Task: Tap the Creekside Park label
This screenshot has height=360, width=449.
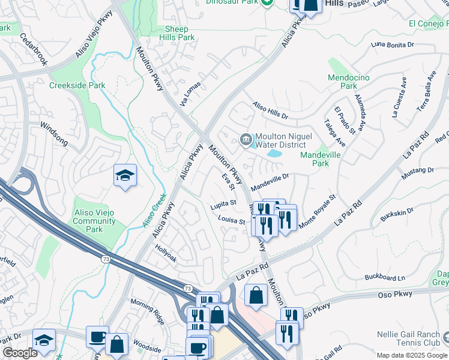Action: tap(77, 85)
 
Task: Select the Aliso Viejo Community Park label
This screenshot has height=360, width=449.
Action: tap(94, 221)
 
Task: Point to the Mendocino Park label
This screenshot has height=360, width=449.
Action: tap(349, 82)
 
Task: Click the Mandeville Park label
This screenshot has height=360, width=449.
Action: tap(322, 158)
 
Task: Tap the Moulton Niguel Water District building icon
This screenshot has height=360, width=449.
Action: tap(246, 140)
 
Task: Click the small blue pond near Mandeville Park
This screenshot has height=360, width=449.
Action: tap(275, 154)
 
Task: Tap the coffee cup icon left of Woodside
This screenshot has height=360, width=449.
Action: tap(97, 337)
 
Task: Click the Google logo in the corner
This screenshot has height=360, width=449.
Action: tap(20, 353)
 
